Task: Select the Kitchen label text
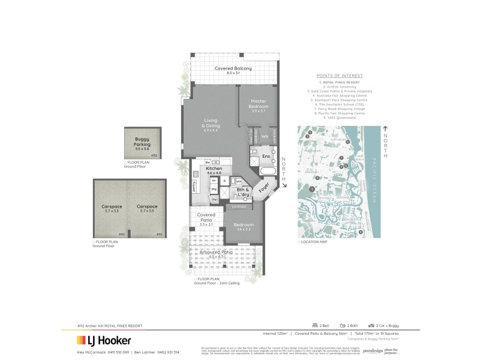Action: coord(214,169)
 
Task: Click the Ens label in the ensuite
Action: coord(266,157)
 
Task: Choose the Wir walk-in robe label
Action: coord(264,137)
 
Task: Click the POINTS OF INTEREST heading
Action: coord(340,76)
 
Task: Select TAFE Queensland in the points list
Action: coord(340,118)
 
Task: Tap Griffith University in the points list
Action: coord(340,86)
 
